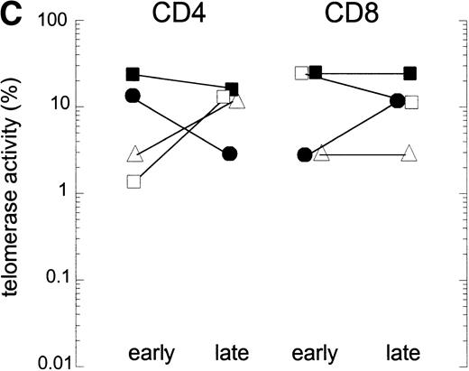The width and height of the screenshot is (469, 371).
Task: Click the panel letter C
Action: pos(10,12)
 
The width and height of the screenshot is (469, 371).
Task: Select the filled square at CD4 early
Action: pos(133,74)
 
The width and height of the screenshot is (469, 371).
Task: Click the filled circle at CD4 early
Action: pos(133,96)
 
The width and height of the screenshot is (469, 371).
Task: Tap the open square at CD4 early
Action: pos(133,181)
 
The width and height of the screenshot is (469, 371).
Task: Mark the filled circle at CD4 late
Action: pos(230,153)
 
